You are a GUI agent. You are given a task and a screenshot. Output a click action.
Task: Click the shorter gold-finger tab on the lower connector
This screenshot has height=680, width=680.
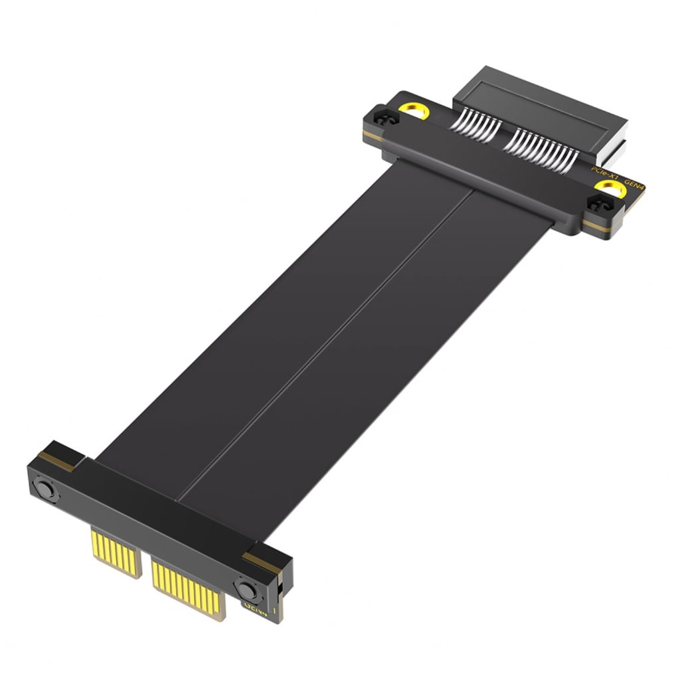pyautogui.click(x=117, y=551)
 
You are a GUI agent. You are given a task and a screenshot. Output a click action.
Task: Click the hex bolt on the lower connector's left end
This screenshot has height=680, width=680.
pyautogui.click(x=45, y=490)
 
